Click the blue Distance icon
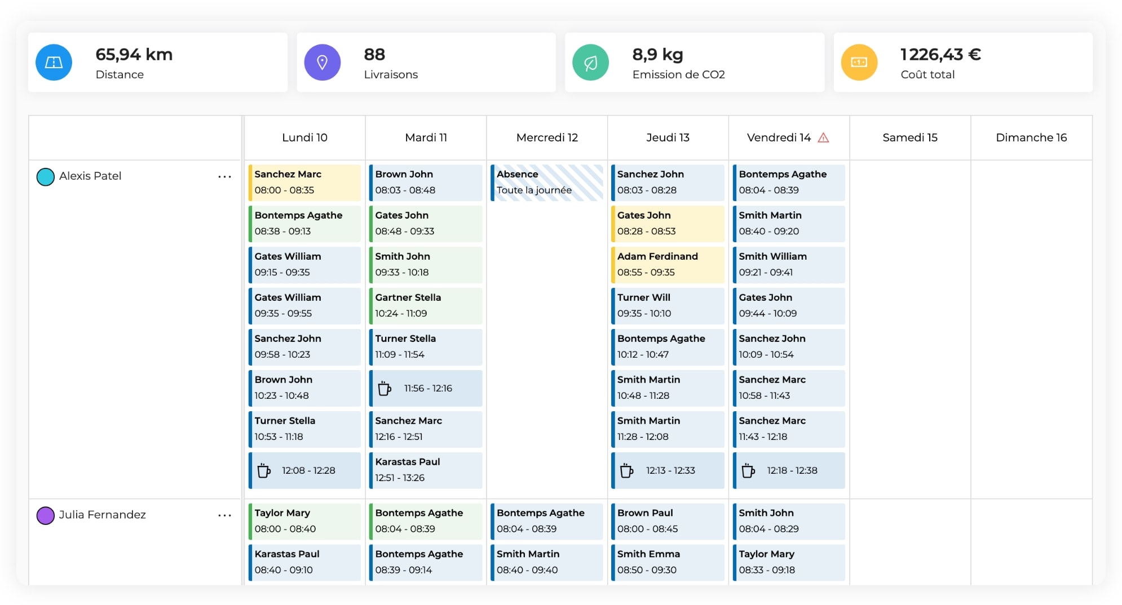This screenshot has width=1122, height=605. pos(54,63)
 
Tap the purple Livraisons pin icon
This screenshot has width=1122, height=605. pos(322,63)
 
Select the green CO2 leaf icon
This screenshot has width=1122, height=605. pos(590,63)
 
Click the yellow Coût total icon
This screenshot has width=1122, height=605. pos(859,63)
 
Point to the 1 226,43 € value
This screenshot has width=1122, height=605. pos(940,55)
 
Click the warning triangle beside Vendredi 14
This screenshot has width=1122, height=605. pos(823,138)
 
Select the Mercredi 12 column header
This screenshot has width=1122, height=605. pos(547,138)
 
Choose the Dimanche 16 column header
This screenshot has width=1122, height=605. pos(1031,138)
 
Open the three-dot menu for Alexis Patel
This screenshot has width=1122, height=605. pos(224,177)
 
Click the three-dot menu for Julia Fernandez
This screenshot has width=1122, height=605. pos(224,515)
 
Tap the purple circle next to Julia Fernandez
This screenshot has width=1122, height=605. pos(45,515)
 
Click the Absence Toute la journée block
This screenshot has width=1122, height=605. pos(546,183)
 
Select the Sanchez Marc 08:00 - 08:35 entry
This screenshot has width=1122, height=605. pos(304,183)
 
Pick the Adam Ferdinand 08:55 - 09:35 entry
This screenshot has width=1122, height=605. pos(668,265)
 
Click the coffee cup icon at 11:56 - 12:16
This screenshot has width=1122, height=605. pos(385,389)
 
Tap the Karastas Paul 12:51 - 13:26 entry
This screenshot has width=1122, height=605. pos(426,470)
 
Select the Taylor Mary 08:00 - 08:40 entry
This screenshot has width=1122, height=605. pos(304,521)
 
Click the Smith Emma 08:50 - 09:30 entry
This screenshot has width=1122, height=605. pos(668,562)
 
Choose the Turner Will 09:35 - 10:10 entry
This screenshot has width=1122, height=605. pos(668,306)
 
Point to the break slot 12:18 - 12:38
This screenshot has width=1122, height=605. pos(789,471)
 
